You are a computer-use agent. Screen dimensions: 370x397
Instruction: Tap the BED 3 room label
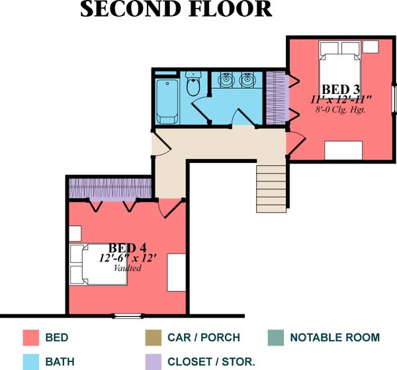tap(341, 89)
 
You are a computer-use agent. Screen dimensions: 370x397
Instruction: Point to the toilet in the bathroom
tap(194, 85)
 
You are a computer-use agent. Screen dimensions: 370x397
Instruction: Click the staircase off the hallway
tap(272, 188)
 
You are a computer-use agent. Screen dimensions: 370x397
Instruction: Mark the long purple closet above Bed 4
tap(109, 188)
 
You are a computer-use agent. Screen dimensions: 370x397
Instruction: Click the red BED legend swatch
tap(31, 338)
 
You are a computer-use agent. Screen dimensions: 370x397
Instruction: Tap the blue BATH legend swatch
tap(31, 362)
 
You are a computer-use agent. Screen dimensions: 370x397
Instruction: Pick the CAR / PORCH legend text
tap(204, 338)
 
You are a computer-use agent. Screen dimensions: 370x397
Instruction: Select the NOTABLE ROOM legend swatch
tap(277, 338)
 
